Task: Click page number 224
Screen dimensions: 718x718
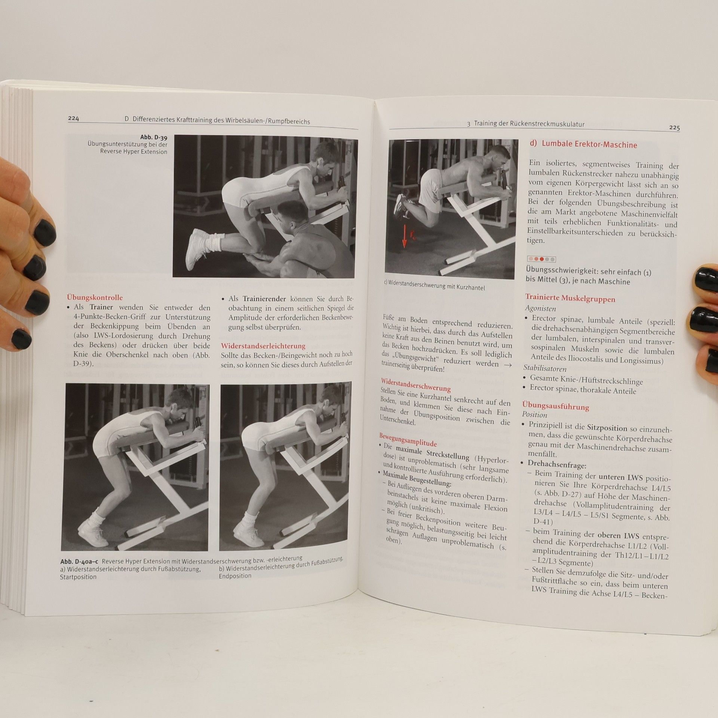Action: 73,119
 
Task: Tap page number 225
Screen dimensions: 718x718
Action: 674,128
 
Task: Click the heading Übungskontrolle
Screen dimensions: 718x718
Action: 95,298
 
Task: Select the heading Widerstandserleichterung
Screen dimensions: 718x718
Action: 263,346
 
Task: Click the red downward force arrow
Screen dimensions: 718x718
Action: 404,234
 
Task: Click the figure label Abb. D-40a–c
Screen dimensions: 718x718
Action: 79,562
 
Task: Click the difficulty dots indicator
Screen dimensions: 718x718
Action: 541,259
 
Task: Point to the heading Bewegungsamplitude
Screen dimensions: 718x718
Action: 408,440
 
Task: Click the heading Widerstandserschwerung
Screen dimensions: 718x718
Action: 416,385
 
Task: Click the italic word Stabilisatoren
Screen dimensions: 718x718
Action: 544,368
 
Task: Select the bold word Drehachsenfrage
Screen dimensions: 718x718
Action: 557,464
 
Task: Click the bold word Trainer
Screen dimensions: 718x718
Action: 101,307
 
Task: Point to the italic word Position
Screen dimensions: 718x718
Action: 535,415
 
